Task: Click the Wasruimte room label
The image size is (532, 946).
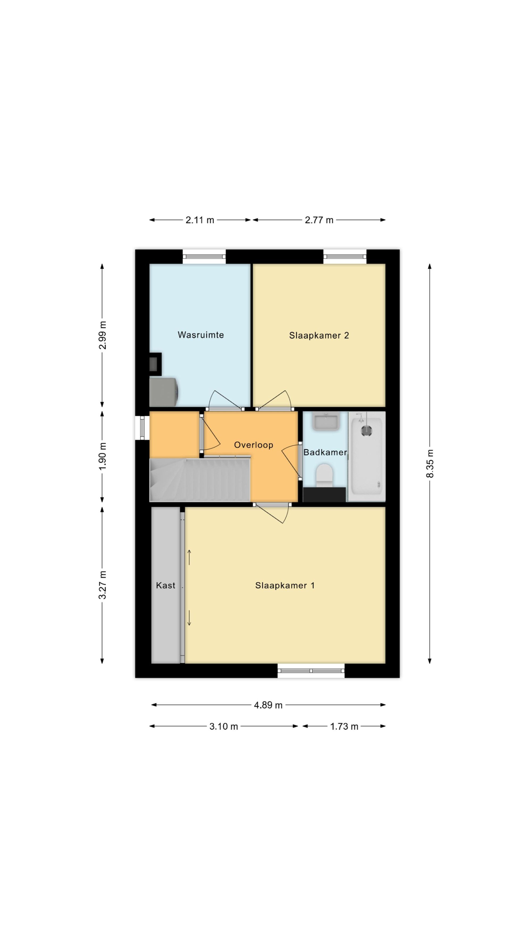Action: click(x=201, y=335)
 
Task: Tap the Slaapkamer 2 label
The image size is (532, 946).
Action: click(x=319, y=335)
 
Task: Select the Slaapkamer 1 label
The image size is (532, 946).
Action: click(x=285, y=585)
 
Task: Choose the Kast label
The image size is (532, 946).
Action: click(x=165, y=585)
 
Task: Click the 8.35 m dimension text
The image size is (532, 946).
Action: click(x=430, y=463)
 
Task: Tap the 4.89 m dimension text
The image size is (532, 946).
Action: click(x=268, y=705)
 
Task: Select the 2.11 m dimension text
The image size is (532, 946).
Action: click(x=200, y=220)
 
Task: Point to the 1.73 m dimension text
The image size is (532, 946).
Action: click(x=344, y=726)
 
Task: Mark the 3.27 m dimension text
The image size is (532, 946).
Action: click(x=102, y=585)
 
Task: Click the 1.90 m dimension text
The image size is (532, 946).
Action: click(x=102, y=456)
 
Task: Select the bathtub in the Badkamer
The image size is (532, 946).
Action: click(x=367, y=456)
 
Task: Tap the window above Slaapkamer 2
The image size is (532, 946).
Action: click(x=345, y=257)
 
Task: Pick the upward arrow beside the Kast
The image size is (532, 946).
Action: click(x=189, y=557)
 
